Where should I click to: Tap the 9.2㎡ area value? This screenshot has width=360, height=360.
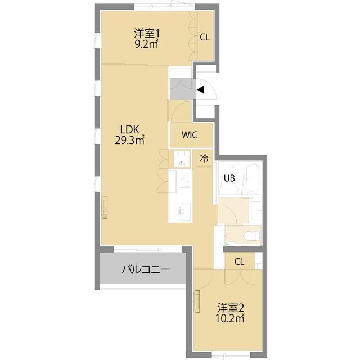(146, 44)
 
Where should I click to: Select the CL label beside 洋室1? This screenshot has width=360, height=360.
(205, 38)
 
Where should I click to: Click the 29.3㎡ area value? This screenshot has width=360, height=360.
(130, 140)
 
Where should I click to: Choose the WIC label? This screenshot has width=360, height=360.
(190, 135)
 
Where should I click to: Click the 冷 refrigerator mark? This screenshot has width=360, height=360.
(204, 159)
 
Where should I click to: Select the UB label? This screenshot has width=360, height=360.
(229, 178)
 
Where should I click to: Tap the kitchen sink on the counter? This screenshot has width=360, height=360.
(182, 212)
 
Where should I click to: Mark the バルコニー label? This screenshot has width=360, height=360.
(146, 269)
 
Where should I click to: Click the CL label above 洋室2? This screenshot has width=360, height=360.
(239, 262)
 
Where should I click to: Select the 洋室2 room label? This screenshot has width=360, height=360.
(231, 308)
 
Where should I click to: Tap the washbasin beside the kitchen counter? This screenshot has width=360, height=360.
(181, 160)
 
